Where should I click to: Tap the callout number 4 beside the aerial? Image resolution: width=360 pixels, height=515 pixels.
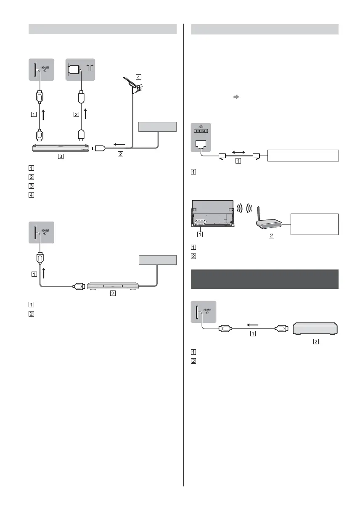138,77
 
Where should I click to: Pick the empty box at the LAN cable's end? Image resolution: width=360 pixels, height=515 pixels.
303,155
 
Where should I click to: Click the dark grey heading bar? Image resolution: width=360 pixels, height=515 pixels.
265,279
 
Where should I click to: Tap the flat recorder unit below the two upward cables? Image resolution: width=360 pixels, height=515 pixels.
61,148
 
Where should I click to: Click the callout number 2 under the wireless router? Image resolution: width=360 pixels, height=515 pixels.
271,236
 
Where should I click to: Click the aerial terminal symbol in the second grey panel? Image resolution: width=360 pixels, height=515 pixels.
90,68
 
